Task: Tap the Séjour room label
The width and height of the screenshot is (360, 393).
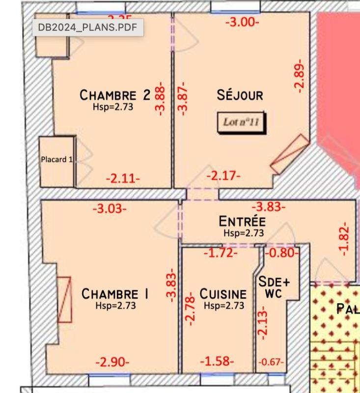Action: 240,95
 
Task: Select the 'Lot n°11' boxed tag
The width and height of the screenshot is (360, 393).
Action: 241,122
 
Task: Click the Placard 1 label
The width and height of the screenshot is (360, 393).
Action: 56,159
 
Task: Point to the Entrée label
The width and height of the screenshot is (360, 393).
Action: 243,222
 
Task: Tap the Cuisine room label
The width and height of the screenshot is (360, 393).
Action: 223,294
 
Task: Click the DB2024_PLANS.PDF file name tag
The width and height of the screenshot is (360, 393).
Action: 88,28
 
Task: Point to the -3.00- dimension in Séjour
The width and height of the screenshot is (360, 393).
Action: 242,22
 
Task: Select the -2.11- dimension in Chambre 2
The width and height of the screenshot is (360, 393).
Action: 123,178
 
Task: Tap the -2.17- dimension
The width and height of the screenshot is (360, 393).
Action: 223,175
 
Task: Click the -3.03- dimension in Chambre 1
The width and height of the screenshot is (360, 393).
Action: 110,208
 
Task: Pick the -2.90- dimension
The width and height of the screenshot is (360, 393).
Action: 112,363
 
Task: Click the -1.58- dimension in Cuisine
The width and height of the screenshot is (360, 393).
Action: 217,362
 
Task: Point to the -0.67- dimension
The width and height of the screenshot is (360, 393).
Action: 271,363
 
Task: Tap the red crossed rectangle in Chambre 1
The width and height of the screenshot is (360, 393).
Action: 64,299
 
